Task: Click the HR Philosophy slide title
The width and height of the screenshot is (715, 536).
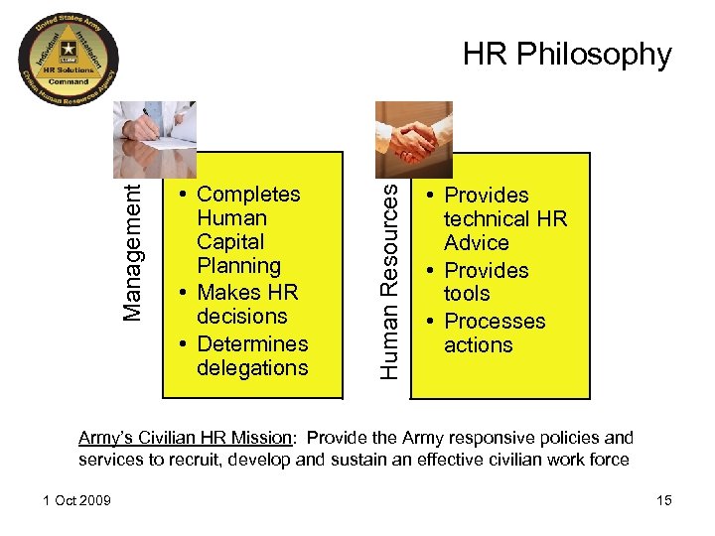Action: (x=567, y=55)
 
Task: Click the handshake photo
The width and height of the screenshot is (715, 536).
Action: (x=414, y=139)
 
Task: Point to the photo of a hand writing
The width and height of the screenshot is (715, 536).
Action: (x=155, y=139)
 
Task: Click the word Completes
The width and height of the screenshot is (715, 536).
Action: (x=248, y=195)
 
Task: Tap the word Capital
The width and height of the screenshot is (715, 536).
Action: (x=230, y=242)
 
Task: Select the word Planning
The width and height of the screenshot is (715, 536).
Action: (x=238, y=266)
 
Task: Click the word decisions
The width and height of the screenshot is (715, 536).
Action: (x=241, y=317)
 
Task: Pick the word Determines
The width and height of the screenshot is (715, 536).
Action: (x=252, y=343)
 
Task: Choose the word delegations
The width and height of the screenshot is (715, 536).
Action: (x=252, y=368)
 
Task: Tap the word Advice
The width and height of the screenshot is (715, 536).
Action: (x=477, y=243)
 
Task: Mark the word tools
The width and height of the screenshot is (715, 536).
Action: (x=467, y=294)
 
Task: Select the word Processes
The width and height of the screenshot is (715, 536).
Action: (x=495, y=321)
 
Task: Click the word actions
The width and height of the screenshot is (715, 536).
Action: (x=479, y=345)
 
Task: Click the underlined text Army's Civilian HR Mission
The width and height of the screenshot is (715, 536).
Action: (x=186, y=438)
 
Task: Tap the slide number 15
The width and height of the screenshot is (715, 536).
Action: (x=663, y=500)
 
